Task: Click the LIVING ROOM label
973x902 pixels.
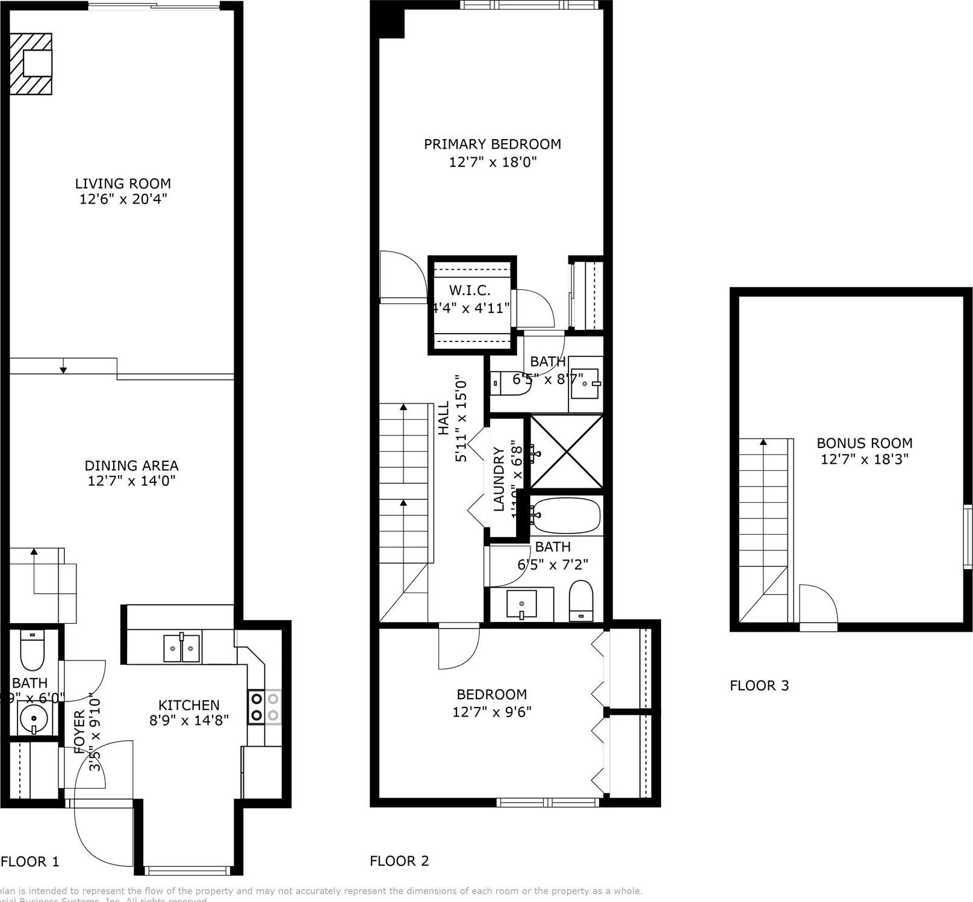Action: (x=123, y=184)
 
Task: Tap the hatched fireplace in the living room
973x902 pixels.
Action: (x=31, y=64)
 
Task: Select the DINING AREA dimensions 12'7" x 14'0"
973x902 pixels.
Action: (x=131, y=481)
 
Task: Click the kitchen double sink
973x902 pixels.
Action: (x=182, y=648)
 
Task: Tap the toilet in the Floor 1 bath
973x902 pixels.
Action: (x=32, y=650)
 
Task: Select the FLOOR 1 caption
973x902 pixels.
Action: (x=30, y=862)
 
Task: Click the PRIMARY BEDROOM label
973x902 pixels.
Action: (x=492, y=145)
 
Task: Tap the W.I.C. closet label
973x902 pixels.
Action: (x=470, y=290)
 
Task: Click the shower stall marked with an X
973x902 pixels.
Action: (x=566, y=451)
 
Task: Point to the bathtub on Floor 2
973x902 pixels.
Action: (x=566, y=515)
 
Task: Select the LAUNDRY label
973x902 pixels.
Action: (x=499, y=479)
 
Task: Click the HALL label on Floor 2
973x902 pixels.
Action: (x=444, y=418)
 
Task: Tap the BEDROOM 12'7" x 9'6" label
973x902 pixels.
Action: (x=491, y=703)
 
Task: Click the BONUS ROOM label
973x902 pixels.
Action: (x=864, y=443)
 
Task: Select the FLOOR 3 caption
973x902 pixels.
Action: (x=759, y=685)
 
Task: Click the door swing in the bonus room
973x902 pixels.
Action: (x=817, y=605)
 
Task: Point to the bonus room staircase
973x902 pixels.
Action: (x=763, y=530)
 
